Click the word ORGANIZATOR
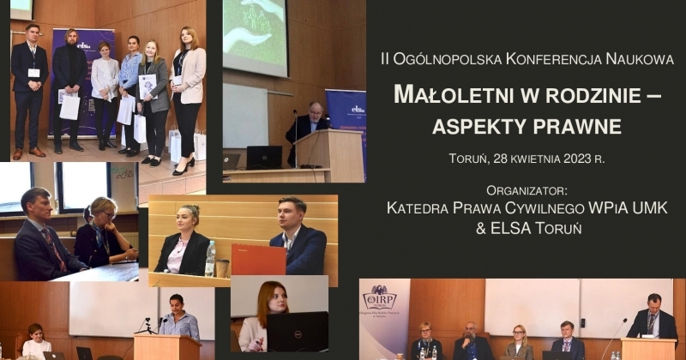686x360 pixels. click(527, 191)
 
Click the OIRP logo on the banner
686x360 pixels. click(379, 297)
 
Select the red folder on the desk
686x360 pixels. click(259, 260)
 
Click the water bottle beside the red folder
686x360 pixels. click(210, 259)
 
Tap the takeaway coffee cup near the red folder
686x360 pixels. click(222, 268)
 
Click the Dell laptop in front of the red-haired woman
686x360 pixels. click(298, 332)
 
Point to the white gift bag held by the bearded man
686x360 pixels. click(69, 107)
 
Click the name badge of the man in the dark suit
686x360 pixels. click(33, 73)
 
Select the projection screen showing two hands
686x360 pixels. click(255, 36)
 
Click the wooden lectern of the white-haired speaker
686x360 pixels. click(329, 149)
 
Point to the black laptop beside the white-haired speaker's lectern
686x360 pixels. click(264, 158)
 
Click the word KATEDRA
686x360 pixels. click(418, 207)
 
